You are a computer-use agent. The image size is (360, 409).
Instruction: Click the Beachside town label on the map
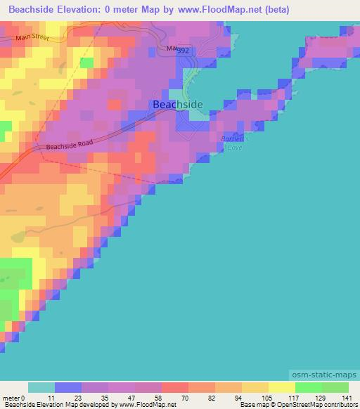click(x=178, y=105)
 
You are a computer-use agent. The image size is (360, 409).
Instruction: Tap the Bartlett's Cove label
click(x=231, y=143)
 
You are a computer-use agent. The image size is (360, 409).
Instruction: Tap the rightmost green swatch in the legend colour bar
click(x=335, y=388)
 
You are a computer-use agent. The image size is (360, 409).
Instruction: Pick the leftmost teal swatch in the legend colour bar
click(x=41, y=388)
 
